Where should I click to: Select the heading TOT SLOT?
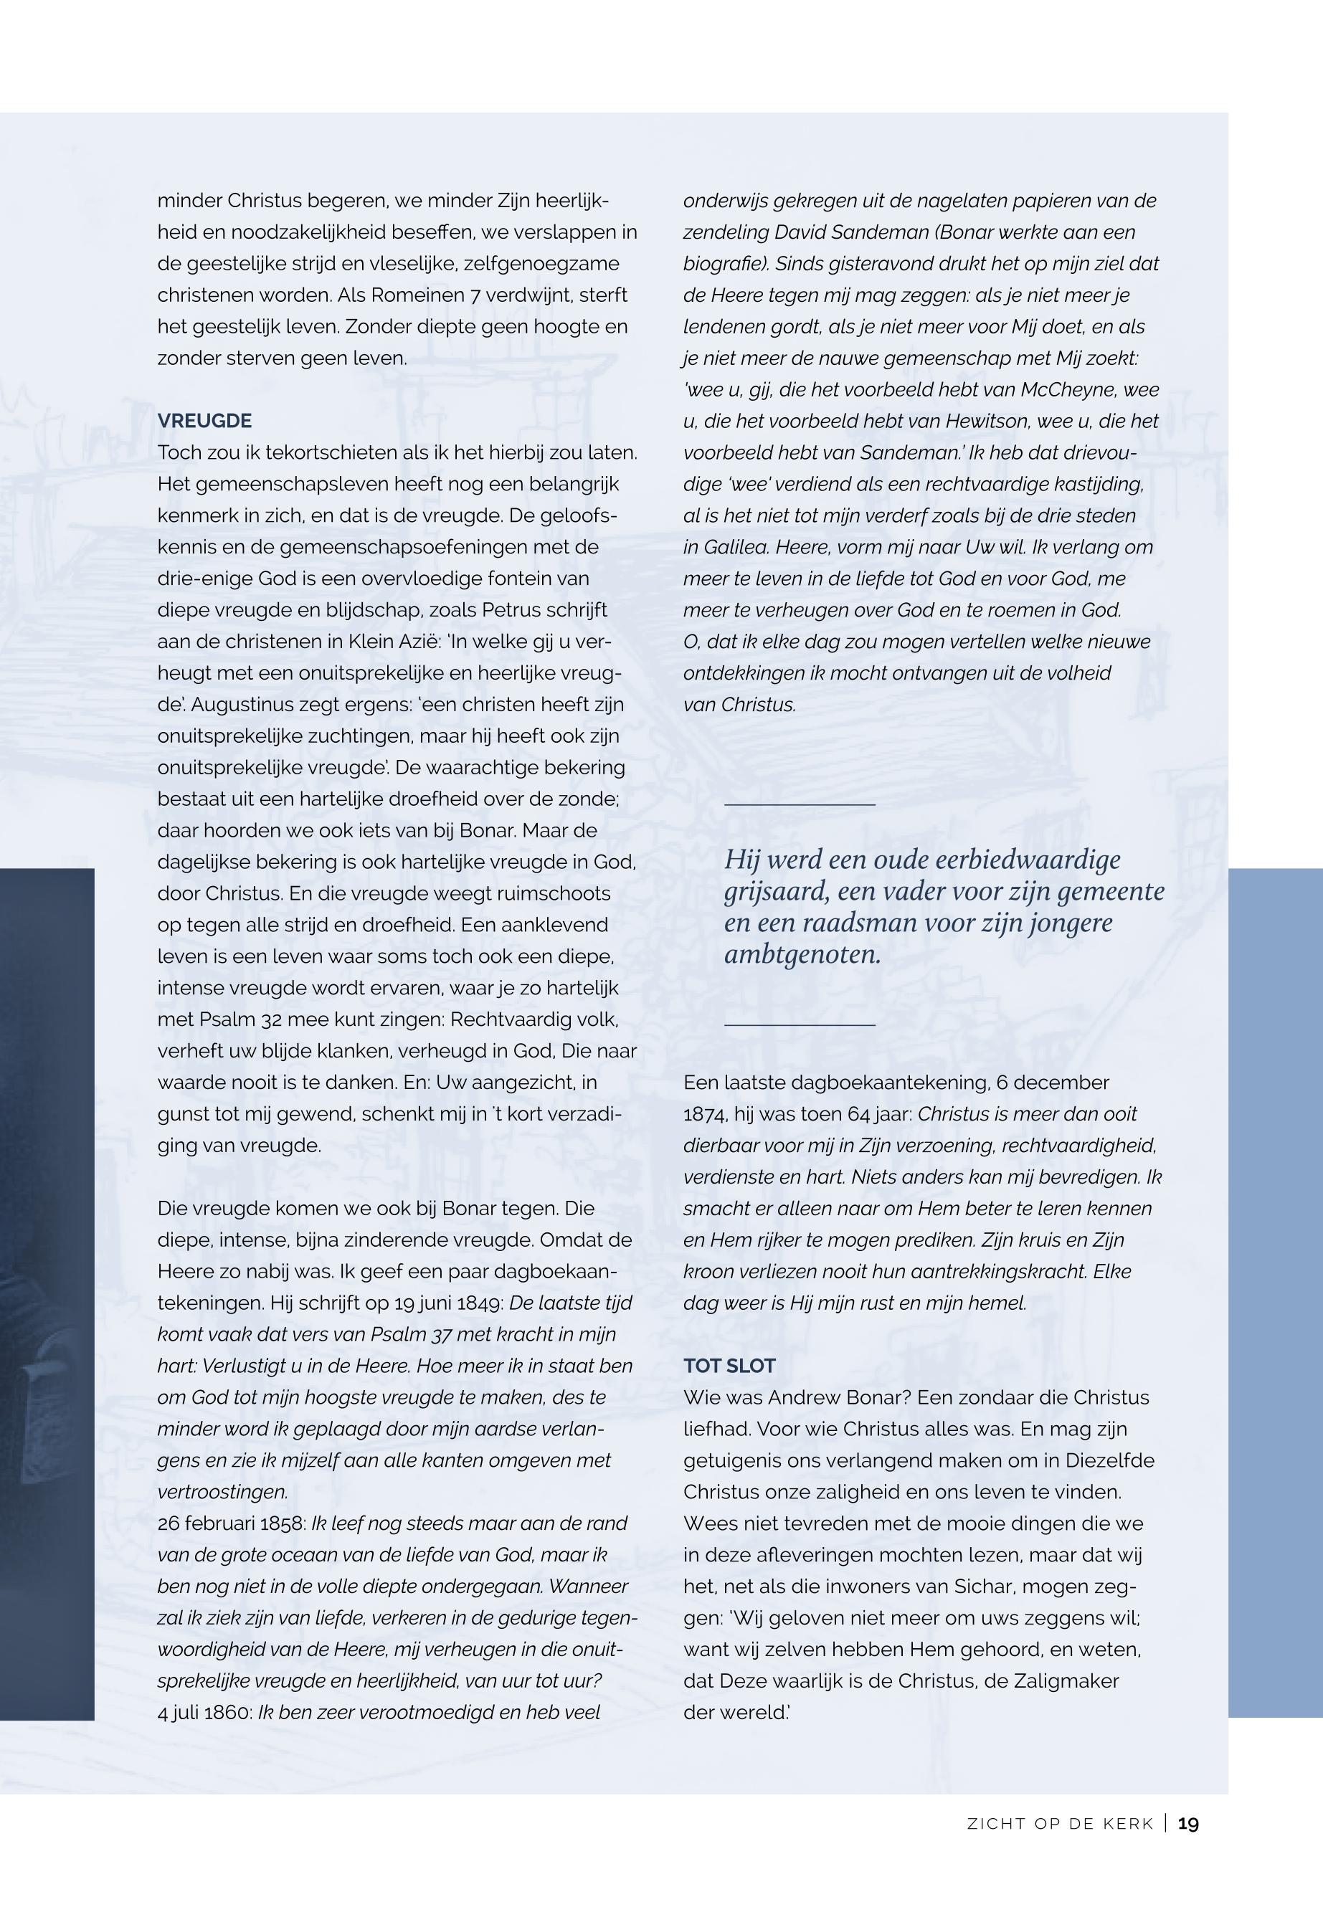click(729, 1366)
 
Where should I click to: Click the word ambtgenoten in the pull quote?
click(801, 955)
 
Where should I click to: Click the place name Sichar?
click(979, 1587)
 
